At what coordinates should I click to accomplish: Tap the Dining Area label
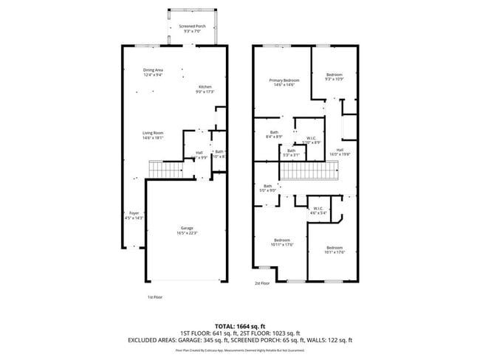153,72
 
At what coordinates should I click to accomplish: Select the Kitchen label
205,89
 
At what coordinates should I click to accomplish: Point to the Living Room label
153,135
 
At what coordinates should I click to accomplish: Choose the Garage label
188,230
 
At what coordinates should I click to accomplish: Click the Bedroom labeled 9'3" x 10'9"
335,77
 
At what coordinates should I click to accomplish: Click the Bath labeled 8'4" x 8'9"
273,134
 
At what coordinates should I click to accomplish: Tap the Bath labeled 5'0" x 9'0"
267,188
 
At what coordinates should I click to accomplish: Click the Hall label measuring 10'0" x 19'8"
340,152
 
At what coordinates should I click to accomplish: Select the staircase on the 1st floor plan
166,170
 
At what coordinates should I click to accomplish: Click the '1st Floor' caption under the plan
154,297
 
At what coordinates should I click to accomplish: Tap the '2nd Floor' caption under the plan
263,283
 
